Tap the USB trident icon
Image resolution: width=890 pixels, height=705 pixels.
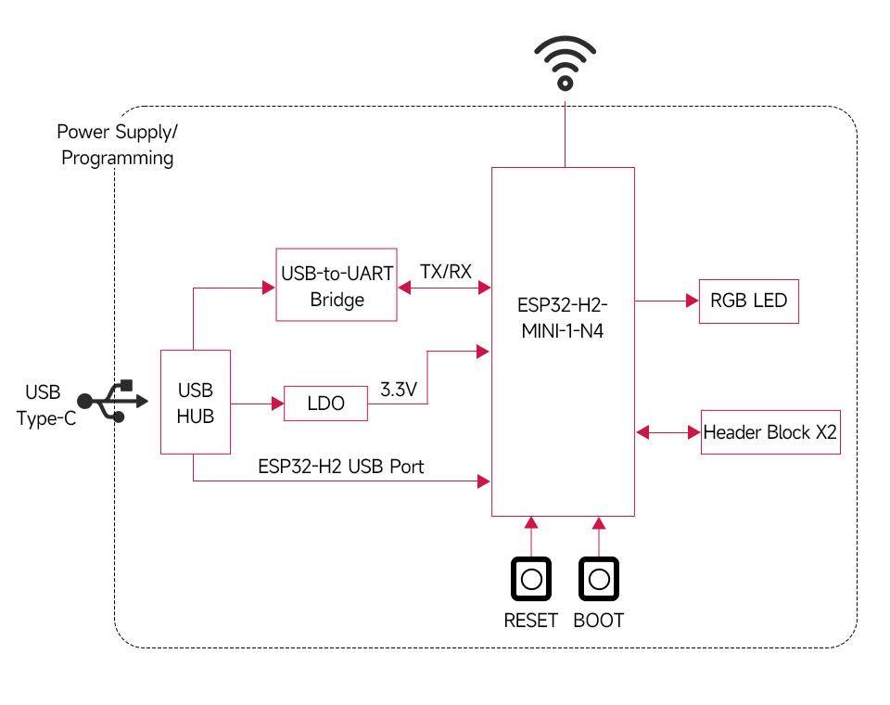tap(112, 401)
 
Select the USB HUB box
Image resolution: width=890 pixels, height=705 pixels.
tap(196, 403)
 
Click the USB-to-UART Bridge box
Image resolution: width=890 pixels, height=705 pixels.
tap(337, 286)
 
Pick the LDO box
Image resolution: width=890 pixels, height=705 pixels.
tap(325, 404)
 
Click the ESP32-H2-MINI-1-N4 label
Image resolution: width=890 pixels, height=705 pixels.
tap(563, 317)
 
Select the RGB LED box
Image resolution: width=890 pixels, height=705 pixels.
tap(748, 301)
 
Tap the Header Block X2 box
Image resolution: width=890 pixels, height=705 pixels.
tap(770, 432)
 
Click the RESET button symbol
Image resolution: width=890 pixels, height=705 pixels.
tap(531, 580)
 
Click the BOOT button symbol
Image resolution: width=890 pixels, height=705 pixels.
tap(599, 580)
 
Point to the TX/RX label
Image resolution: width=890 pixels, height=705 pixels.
tap(445, 272)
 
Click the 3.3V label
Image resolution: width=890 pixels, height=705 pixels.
tap(400, 391)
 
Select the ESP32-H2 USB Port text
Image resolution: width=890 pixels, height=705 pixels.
tap(340, 467)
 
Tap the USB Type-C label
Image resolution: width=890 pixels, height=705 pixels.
tap(43, 405)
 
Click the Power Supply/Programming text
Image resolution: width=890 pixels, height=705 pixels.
tap(117, 145)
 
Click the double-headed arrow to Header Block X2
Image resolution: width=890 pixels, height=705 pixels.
tap(667, 432)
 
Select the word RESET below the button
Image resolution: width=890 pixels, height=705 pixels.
tap(531, 621)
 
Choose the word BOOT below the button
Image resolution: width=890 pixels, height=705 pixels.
tap(599, 621)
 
